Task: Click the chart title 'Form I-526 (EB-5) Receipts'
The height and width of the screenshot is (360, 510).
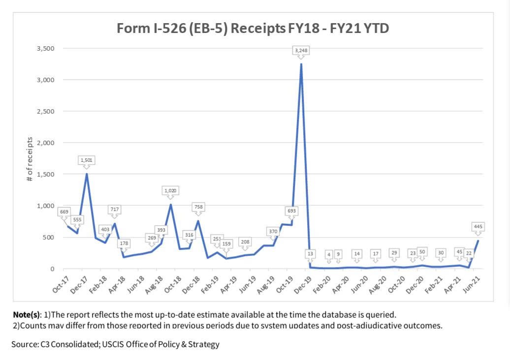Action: coord(253,28)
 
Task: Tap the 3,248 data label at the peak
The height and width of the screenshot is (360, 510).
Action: coord(301,51)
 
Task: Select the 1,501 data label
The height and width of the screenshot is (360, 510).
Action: coord(87,160)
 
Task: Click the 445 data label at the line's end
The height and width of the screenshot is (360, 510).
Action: coord(478,227)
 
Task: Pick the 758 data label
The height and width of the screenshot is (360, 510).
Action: coord(198,207)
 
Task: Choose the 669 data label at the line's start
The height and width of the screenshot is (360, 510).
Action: coord(64,212)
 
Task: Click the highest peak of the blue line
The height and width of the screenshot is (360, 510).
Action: coord(301,64)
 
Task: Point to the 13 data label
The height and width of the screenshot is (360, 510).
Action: coord(310,253)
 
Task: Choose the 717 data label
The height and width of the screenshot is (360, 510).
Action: coord(114,210)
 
